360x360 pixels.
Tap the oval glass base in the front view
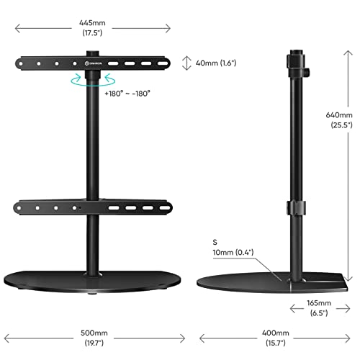94,283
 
